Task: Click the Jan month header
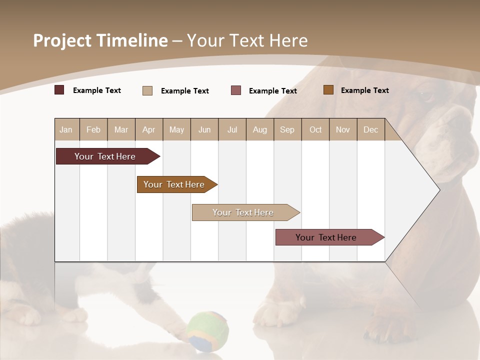point(66,129)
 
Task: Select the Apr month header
point(149,129)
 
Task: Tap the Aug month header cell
point(260,129)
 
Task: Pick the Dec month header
point(371,129)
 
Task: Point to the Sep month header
point(287,129)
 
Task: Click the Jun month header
point(204,129)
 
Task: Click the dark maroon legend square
point(59,90)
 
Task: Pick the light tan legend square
point(147,90)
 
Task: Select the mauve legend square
point(236,90)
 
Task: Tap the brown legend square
point(328,90)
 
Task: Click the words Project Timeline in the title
point(100,40)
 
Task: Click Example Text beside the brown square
point(364,90)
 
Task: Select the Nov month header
point(343,129)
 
